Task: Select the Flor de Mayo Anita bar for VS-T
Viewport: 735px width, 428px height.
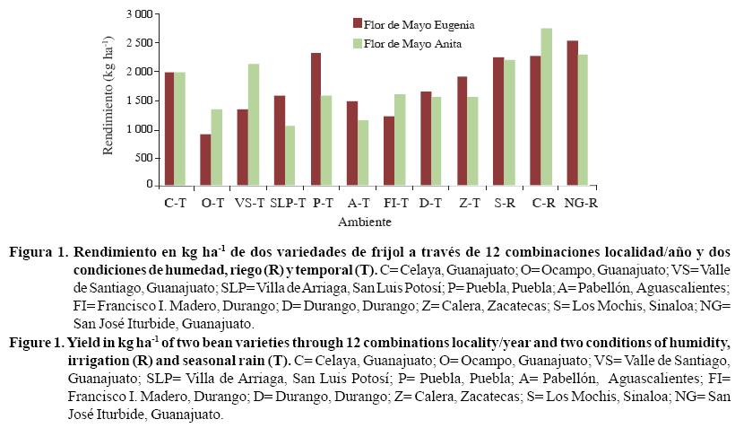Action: (x=254, y=124)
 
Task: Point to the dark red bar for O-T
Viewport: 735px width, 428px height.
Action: (x=206, y=159)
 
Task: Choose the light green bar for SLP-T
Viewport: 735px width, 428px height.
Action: (x=289, y=154)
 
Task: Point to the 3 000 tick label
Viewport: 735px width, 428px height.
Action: (x=139, y=15)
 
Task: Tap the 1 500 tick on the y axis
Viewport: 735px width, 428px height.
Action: (x=139, y=100)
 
